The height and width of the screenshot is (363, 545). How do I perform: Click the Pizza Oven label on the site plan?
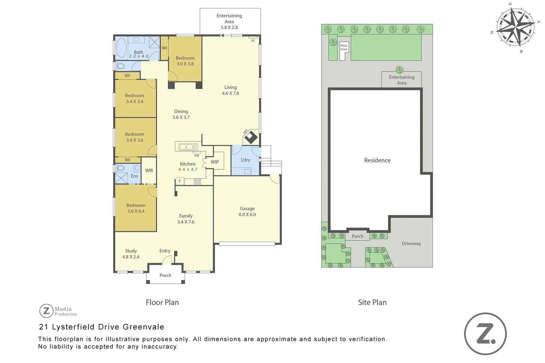point(343,47)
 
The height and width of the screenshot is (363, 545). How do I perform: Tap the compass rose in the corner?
point(515,26)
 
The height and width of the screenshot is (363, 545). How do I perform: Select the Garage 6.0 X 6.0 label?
point(247,211)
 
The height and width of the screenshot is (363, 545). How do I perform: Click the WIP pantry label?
point(215,162)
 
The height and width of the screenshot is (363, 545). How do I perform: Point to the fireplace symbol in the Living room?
point(251,137)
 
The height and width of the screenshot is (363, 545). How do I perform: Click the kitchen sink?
point(188,147)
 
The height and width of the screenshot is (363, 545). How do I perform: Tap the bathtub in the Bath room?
point(121,48)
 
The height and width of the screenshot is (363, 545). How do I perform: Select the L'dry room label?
point(246,160)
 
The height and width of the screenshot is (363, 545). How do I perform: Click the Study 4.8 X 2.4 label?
point(131,254)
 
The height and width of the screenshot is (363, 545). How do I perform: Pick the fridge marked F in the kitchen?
point(180,181)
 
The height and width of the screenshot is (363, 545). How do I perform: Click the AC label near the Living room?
point(253,41)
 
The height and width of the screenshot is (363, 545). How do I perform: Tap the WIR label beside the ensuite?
point(149,171)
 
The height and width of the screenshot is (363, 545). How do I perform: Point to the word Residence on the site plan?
point(377,160)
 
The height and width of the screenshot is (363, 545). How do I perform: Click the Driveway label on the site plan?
point(411,244)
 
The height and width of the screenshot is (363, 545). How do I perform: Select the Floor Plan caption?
point(162,302)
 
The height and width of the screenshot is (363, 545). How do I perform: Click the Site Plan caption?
point(372,302)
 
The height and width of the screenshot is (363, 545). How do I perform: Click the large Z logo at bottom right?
point(485,334)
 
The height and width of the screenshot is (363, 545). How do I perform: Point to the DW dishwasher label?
point(197,156)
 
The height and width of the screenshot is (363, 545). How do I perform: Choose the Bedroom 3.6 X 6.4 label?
point(136,208)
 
